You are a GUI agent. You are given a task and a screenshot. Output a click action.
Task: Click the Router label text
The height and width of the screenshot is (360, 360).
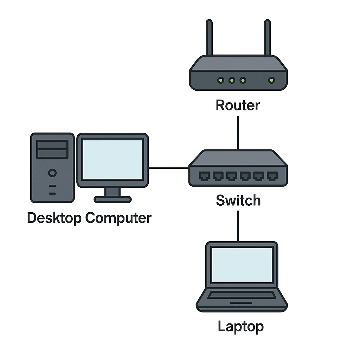click(238, 105)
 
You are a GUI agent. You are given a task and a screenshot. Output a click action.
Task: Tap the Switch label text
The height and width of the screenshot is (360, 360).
click(238, 200)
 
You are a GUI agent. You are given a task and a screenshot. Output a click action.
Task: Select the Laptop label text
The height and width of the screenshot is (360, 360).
click(240, 326)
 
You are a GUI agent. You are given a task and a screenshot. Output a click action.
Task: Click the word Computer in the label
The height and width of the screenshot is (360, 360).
click(118, 218)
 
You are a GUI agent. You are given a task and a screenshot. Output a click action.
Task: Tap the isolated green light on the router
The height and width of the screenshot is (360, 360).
click(271, 81)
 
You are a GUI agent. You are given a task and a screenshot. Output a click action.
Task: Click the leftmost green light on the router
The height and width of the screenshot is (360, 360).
click(220, 81)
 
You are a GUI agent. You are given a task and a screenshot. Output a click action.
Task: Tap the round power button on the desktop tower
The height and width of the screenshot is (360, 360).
click(52, 173)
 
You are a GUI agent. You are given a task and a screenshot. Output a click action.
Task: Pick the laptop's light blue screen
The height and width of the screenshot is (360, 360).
click(242, 265)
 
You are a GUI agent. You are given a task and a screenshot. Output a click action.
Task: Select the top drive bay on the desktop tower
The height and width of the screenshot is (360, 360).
click(52, 144)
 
